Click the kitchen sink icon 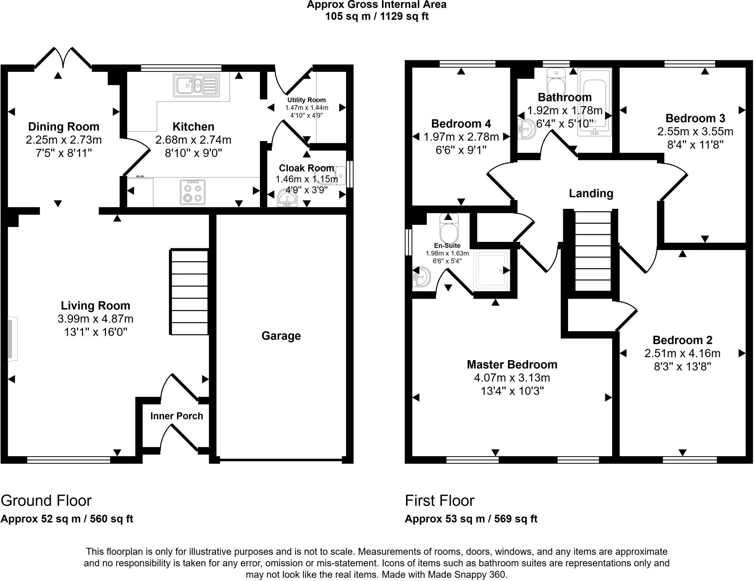(196, 85)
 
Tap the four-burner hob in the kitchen (193, 192)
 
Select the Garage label (281, 336)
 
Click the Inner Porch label (177, 416)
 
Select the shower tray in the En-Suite (492, 269)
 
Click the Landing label (591, 193)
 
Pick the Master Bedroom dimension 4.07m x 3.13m (512, 378)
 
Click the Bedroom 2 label (682, 340)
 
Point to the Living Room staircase (189, 292)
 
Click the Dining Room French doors (63, 59)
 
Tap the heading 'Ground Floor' (46, 501)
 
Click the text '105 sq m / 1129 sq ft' (377, 17)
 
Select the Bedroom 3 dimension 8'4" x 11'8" (695, 145)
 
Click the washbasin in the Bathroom (527, 129)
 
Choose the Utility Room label (306, 100)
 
